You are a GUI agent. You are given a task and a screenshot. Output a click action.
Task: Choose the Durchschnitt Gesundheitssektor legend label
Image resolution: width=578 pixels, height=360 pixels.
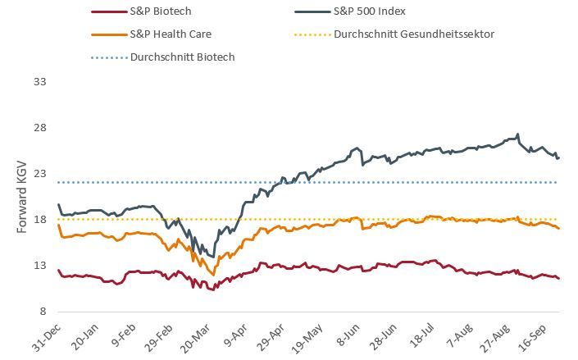tap(413, 34)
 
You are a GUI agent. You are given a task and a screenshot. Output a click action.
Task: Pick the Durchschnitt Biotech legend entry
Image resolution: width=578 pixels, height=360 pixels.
tap(182, 57)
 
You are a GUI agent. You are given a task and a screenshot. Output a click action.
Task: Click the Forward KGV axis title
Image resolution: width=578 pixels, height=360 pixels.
tap(24, 197)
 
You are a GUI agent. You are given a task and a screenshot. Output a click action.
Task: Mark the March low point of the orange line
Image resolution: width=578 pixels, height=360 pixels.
tap(212, 275)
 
